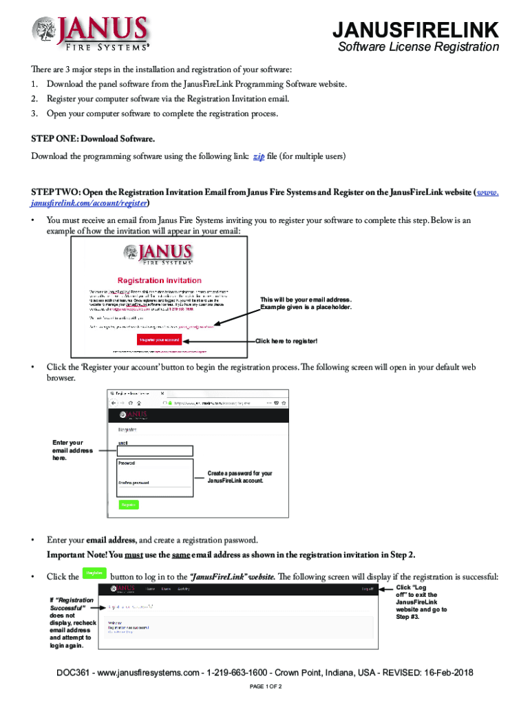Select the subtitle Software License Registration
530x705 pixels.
click(418, 48)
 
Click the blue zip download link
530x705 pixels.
click(259, 157)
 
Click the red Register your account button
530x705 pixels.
click(160, 340)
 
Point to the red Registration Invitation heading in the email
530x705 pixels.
click(160, 280)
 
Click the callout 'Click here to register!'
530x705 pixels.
click(286, 341)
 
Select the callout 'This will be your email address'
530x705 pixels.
click(306, 304)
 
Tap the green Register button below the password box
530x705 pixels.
click(129, 504)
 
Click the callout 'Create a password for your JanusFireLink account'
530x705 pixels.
click(240, 477)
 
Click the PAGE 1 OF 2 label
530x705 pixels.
click(264, 688)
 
